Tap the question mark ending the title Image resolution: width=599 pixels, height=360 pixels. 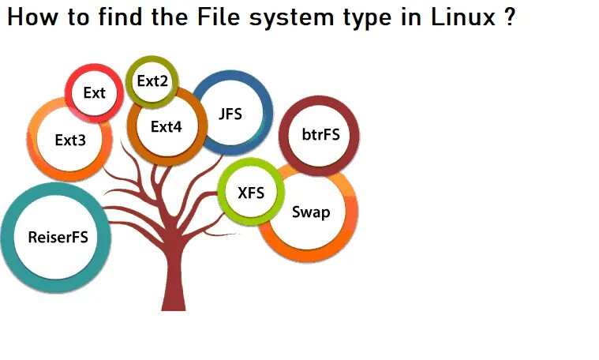pyautogui.click(x=510, y=17)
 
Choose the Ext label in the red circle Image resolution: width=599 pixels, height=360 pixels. pyautogui.click(x=94, y=93)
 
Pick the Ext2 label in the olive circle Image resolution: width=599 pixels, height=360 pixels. pyautogui.click(x=152, y=81)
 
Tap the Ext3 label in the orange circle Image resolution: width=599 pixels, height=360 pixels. pyautogui.click(x=70, y=140)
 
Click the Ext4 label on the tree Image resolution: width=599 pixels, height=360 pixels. pyautogui.click(x=167, y=126)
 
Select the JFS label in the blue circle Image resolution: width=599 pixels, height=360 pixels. pyautogui.click(x=230, y=114)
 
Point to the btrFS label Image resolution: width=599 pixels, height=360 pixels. pyautogui.click(x=320, y=134)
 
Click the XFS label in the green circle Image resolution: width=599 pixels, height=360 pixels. pyautogui.click(x=251, y=191)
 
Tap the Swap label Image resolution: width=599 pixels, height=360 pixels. pyautogui.click(x=311, y=212)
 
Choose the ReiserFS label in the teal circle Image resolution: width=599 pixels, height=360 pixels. pyautogui.click(x=58, y=236)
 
